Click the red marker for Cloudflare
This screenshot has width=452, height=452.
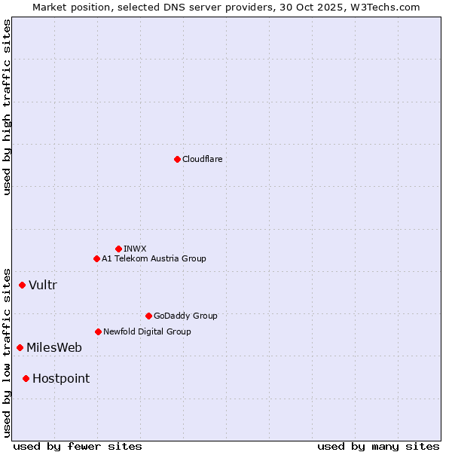(177, 159)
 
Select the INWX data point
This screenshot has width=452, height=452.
(118, 249)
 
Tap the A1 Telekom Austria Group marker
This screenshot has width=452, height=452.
(96, 258)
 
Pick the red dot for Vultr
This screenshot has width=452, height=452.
(23, 285)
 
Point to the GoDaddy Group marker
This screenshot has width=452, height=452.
(148, 316)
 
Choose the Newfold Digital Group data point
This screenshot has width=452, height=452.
(98, 331)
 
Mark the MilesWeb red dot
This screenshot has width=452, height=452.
(20, 347)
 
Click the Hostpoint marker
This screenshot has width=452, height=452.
(26, 378)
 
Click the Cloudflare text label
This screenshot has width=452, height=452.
(203, 159)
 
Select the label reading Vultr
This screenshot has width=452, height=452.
(43, 285)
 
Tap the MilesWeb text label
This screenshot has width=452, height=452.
(54, 347)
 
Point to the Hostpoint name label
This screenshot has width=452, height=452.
(61, 378)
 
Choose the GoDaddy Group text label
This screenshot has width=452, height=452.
(185, 316)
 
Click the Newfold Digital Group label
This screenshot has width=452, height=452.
(147, 331)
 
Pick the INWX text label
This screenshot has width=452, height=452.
(135, 249)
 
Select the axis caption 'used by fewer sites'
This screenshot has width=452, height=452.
(78, 446)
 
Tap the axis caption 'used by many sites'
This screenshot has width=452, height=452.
(378, 446)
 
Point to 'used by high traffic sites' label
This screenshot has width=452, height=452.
(7, 107)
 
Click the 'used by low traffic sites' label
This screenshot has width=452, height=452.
(7, 352)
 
